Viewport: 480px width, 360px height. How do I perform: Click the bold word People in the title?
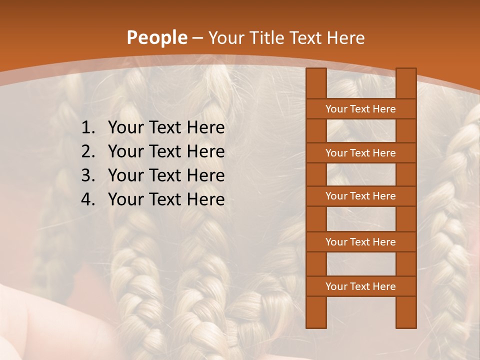[x=156, y=37]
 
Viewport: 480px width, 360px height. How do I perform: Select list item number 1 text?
[x=166, y=128]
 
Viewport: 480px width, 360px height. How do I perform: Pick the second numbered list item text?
[x=166, y=151]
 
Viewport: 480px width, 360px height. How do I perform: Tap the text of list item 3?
[x=166, y=175]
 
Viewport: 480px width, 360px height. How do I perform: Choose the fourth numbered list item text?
[x=166, y=199]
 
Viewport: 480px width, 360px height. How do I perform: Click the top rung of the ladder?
[x=360, y=109]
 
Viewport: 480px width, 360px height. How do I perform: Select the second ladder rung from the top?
[x=360, y=153]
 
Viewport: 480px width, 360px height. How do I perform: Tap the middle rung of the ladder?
[x=360, y=196]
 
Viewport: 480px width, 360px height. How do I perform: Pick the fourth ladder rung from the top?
[x=360, y=242]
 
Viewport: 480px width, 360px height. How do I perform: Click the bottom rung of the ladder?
[x=360, y=286]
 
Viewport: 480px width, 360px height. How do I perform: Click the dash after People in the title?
[x=197, y=38]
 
